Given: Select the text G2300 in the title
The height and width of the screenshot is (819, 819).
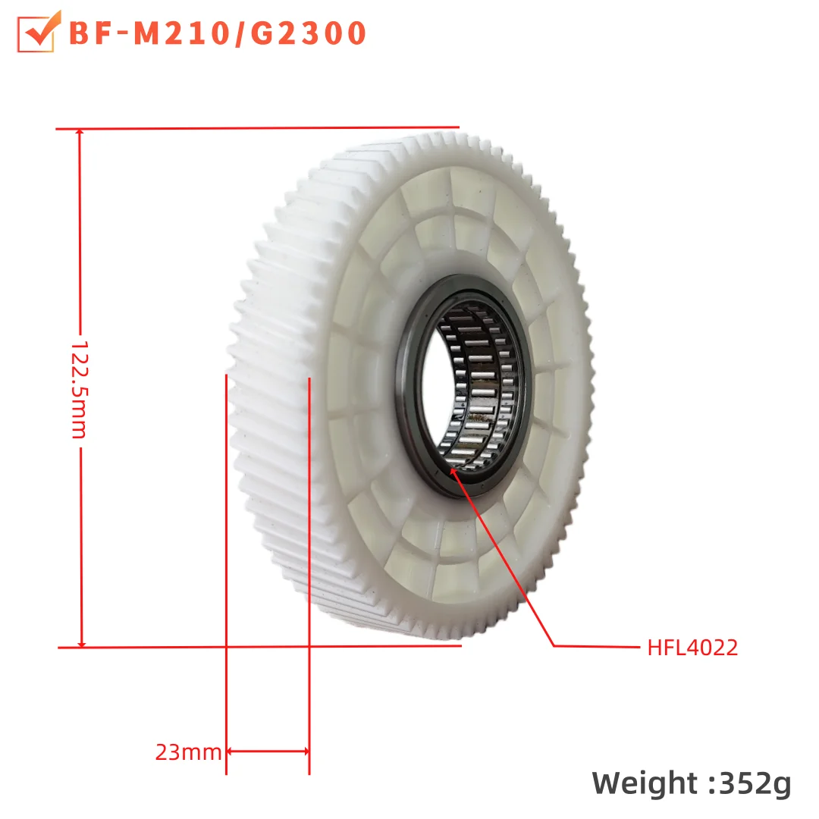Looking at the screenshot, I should [303, 33].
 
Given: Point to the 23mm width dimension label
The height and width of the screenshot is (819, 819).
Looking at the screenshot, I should [188, 752].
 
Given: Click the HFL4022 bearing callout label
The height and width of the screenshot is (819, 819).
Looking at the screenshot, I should [692, 648].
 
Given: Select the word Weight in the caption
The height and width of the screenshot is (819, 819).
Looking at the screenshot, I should [645, 783].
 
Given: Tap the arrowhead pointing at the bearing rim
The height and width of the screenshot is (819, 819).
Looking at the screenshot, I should [453, 471].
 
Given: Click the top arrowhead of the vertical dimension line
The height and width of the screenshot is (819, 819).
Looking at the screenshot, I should [80, 134].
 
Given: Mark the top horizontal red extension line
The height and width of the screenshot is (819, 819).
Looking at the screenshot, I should [258, 128].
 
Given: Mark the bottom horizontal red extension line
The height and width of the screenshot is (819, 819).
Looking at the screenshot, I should [258, 647].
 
